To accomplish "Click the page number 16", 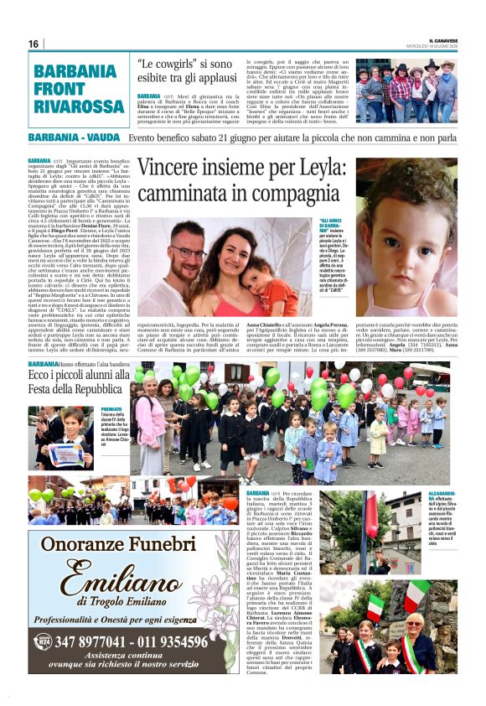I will (x=34, y=44).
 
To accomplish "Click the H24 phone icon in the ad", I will (x=43, y=641).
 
